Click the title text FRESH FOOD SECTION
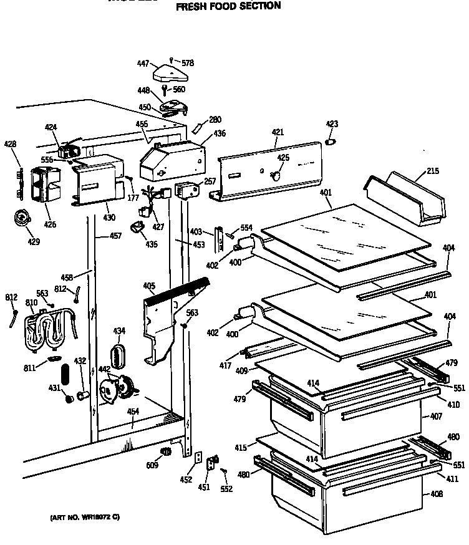coord(228,7)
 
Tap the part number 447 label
coord(143,63)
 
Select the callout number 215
coord(433,171)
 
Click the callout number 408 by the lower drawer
coord(436,494)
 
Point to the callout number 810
coord(31,302)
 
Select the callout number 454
coord(133,412)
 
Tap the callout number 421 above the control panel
coord(278,132)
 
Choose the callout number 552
coord(226,489)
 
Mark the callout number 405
coord(148,286)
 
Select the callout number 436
coord(220,133)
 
